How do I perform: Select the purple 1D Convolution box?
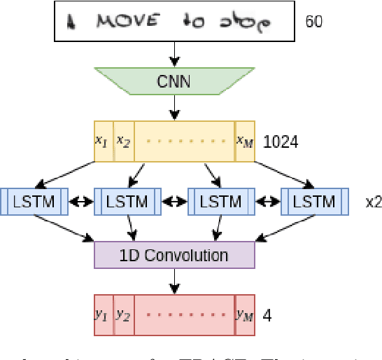tap(174, 255)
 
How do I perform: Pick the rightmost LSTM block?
tap(314, 202)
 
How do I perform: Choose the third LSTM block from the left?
tap(220, 202)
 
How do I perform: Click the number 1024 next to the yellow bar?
tap(281, 142)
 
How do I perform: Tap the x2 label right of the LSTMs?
tap(373, 202)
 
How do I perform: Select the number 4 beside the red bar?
tap(267, 315)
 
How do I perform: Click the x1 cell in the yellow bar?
tap(103, 141)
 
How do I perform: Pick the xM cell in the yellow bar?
tap(244, 141)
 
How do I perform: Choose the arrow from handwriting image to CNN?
tap(174, 53)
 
